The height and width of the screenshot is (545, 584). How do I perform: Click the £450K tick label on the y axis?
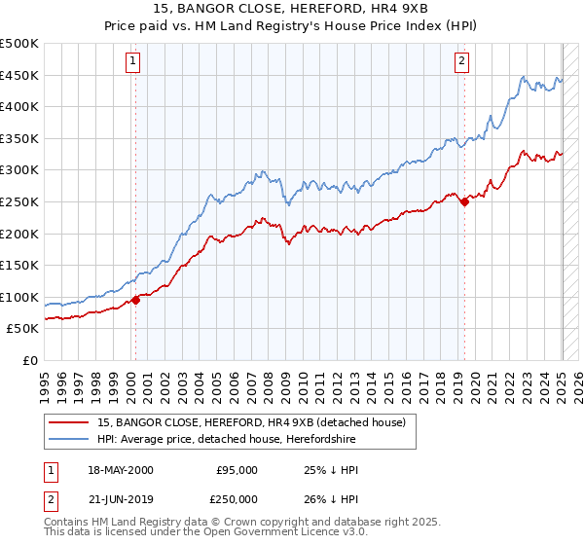[19, 75]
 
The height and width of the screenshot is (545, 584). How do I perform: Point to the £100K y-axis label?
[19, 297]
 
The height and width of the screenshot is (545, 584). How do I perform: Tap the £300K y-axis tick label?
[19, 170]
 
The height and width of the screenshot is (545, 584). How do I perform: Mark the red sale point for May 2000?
[136, 300]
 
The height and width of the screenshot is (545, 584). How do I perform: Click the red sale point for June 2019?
[464, 201]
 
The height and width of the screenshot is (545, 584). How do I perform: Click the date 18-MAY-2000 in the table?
[120, 469]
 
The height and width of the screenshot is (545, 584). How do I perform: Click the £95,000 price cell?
[237, 469]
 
